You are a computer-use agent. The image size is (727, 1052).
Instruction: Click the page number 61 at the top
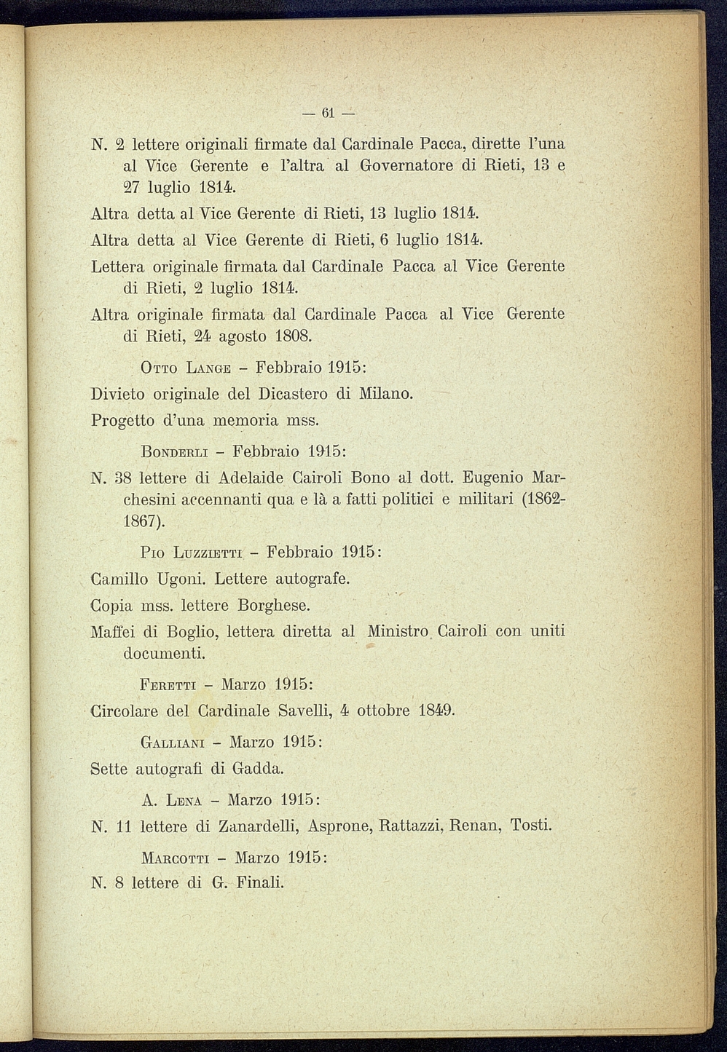(x=327, y=113)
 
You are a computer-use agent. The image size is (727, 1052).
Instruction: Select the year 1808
(x=294, y=337)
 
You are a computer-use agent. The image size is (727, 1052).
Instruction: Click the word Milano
(x=385, y=394)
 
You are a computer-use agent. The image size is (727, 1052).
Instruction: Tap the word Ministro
(x=398, y=631)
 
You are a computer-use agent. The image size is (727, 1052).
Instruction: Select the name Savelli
(x=302, y=711)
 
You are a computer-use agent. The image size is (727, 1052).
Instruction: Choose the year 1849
(x=436, y=711)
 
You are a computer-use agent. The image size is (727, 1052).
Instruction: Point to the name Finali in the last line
(x=259, y=883)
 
